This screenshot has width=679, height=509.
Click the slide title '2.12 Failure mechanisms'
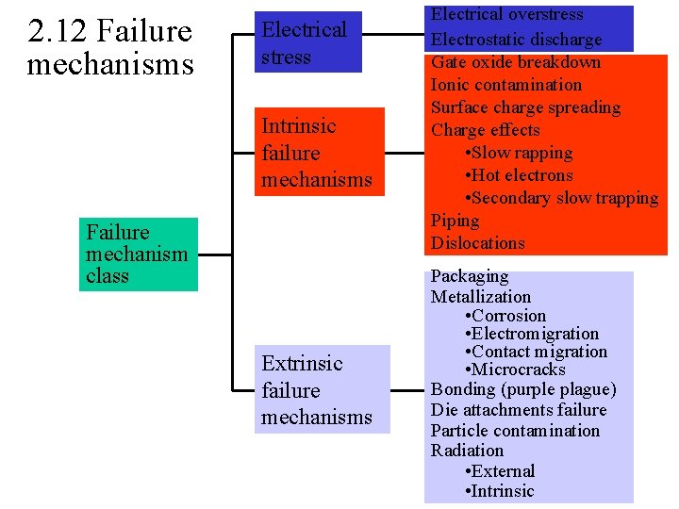[x=109, y=48]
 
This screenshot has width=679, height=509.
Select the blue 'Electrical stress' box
[x=307, y=43]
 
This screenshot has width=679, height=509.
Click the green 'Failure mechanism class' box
[x=138, y=254]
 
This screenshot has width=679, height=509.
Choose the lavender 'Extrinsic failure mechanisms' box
[x=319, y=390]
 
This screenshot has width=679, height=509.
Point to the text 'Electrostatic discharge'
[x=516, y=40]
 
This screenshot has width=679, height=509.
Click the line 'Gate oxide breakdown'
[x=515, y=62]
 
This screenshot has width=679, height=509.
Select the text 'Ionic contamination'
[x=506, y=85]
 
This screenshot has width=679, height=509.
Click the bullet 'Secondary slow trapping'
[x=562, y=198]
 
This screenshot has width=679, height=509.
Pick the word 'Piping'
[x=455, y=221]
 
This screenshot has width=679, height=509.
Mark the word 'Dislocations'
[x=477, y=243]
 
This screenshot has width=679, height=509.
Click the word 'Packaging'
[x=470, y=276]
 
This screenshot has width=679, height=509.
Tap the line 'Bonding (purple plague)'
[x=523, y=389]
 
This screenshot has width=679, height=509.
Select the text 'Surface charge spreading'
[x=525, y=107]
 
